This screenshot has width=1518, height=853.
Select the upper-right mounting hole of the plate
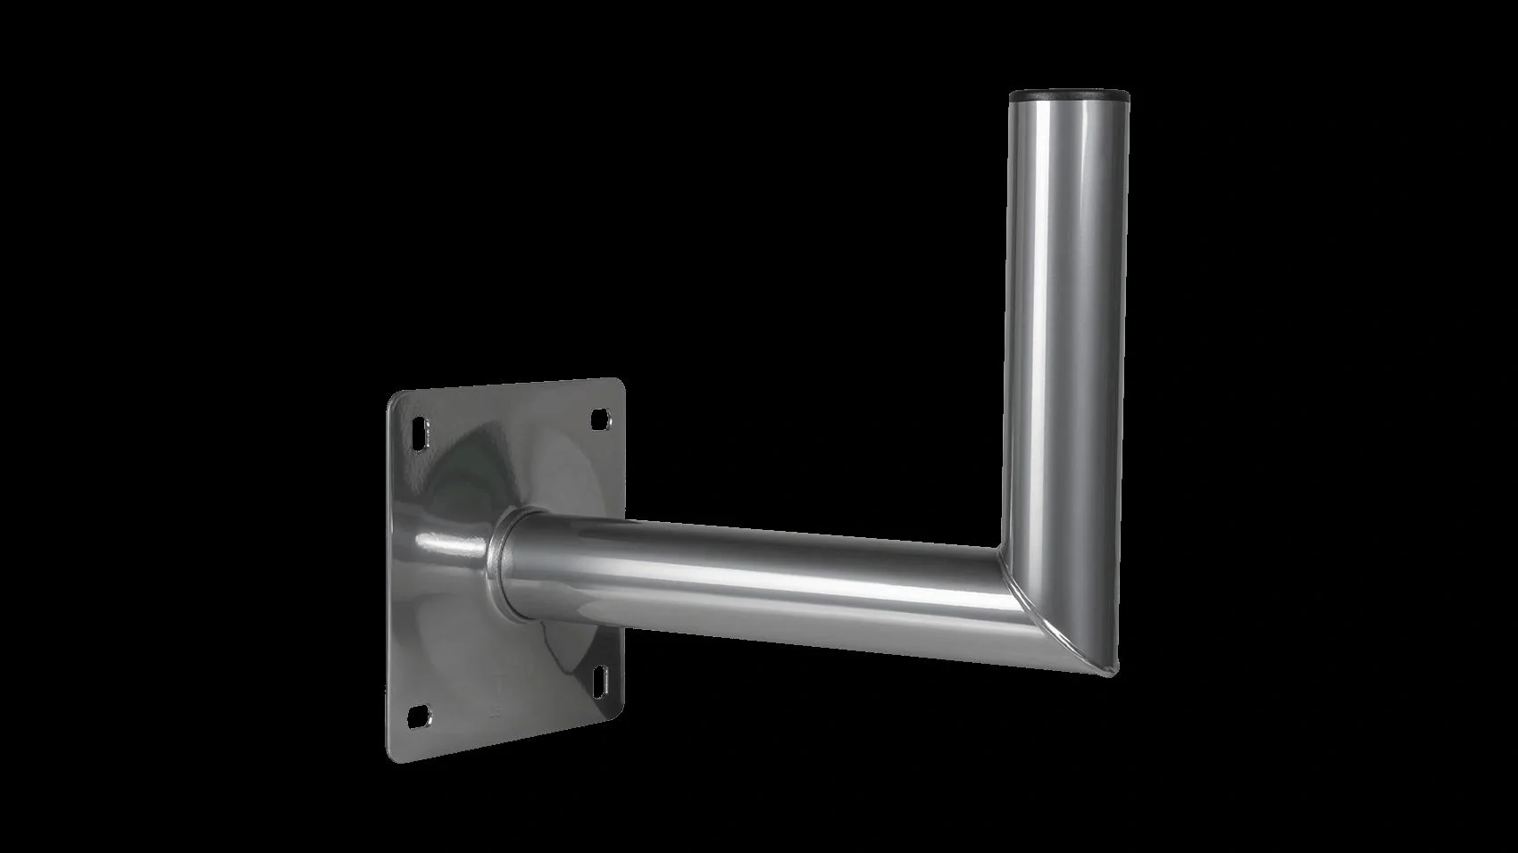600,418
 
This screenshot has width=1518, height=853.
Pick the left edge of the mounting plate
388,580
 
